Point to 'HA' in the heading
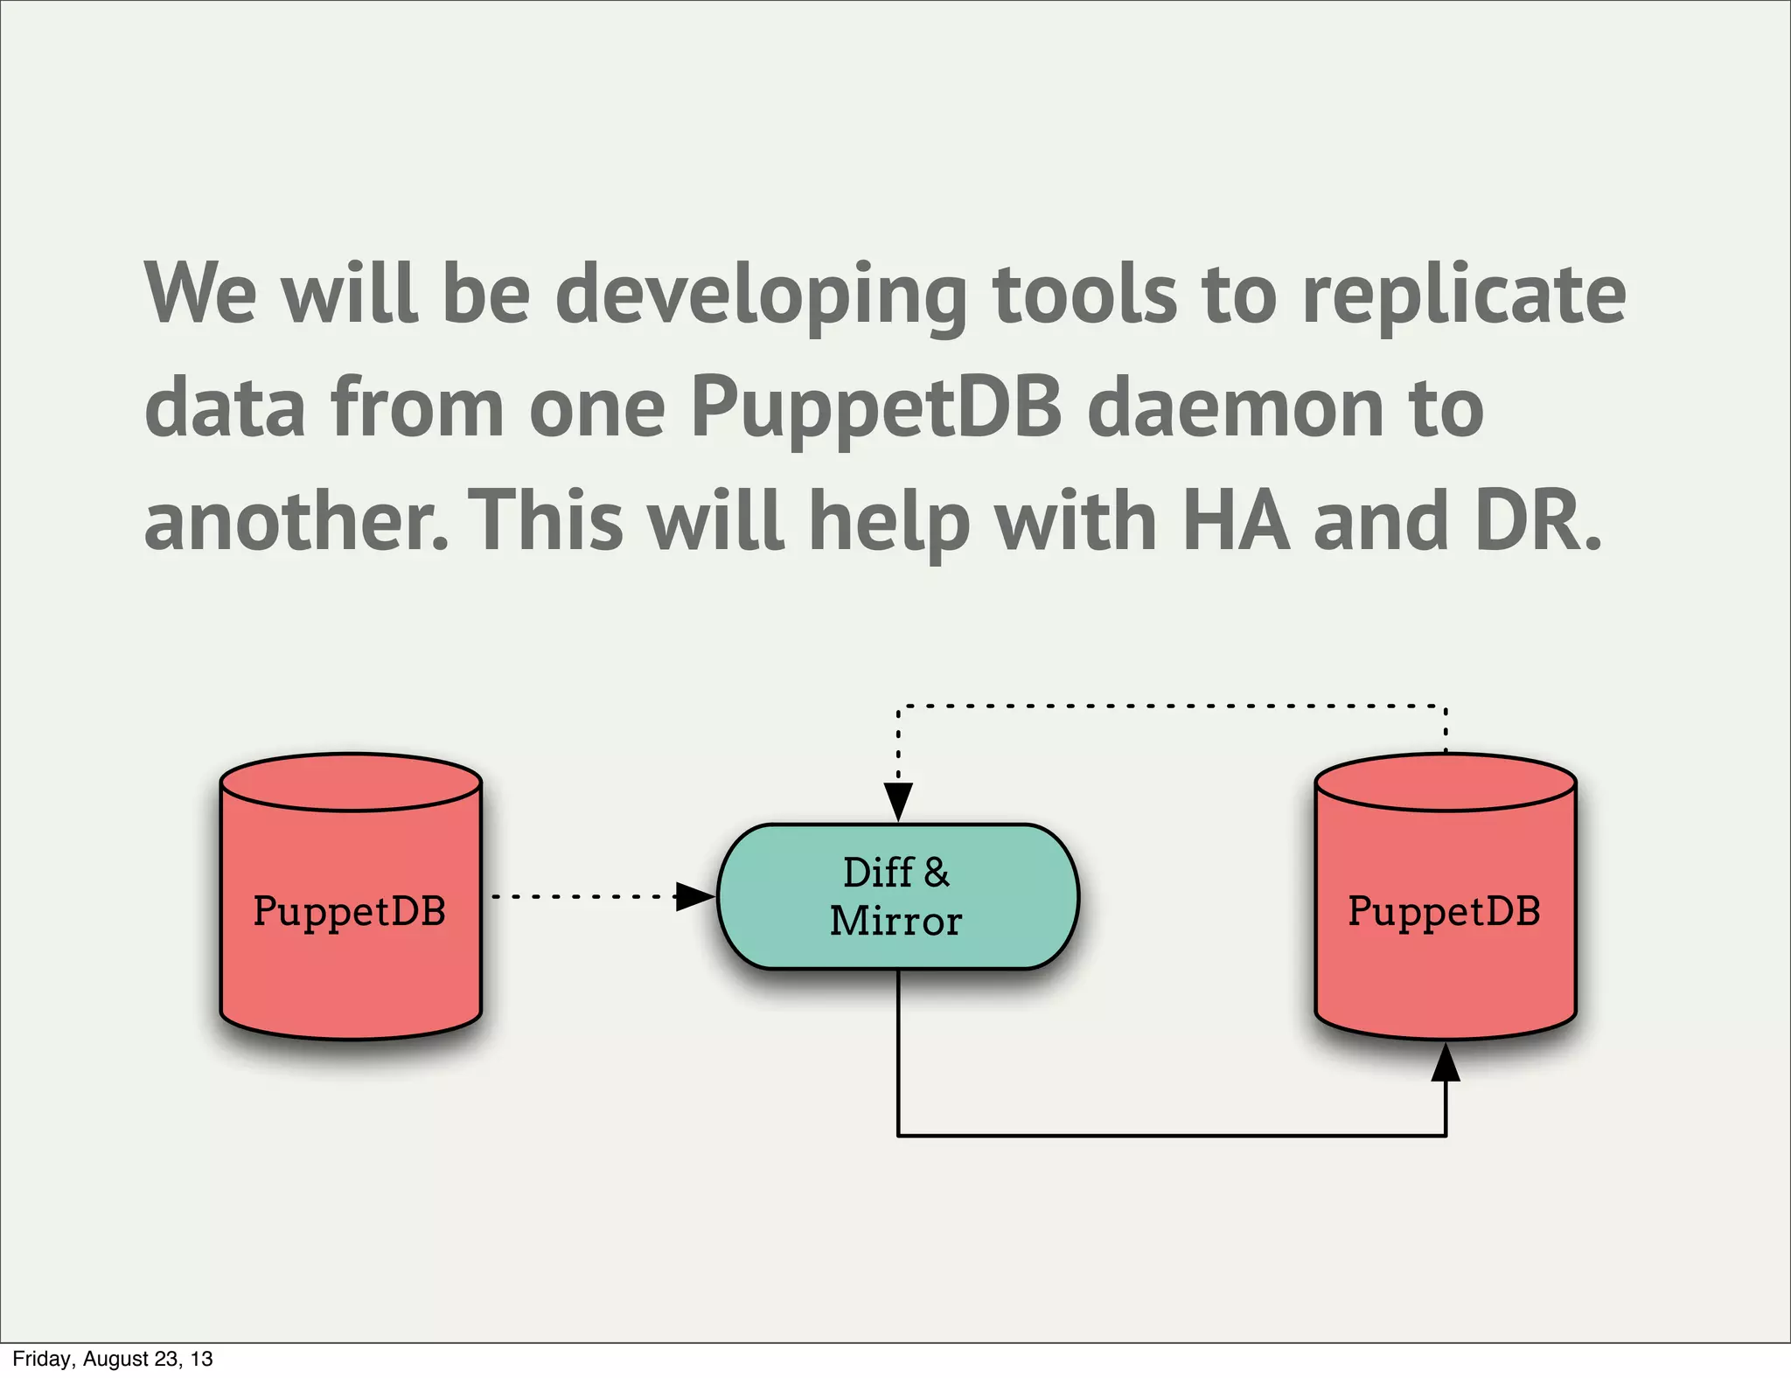click(1236, 522)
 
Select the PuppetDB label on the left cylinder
click(350, 911)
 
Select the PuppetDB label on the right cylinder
click(1444, 911)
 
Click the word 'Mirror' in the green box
click(895, 922)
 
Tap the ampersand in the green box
click(936, 873)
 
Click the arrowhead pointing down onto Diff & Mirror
click(898, 801)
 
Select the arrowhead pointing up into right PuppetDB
click(1446, 1063)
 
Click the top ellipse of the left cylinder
click(351, 783)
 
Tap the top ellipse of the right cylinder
click(1446, 783)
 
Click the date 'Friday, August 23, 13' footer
click(113, 1359)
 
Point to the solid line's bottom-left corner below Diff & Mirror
click(898, 1136)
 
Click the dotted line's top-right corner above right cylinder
click(1446, 705)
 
